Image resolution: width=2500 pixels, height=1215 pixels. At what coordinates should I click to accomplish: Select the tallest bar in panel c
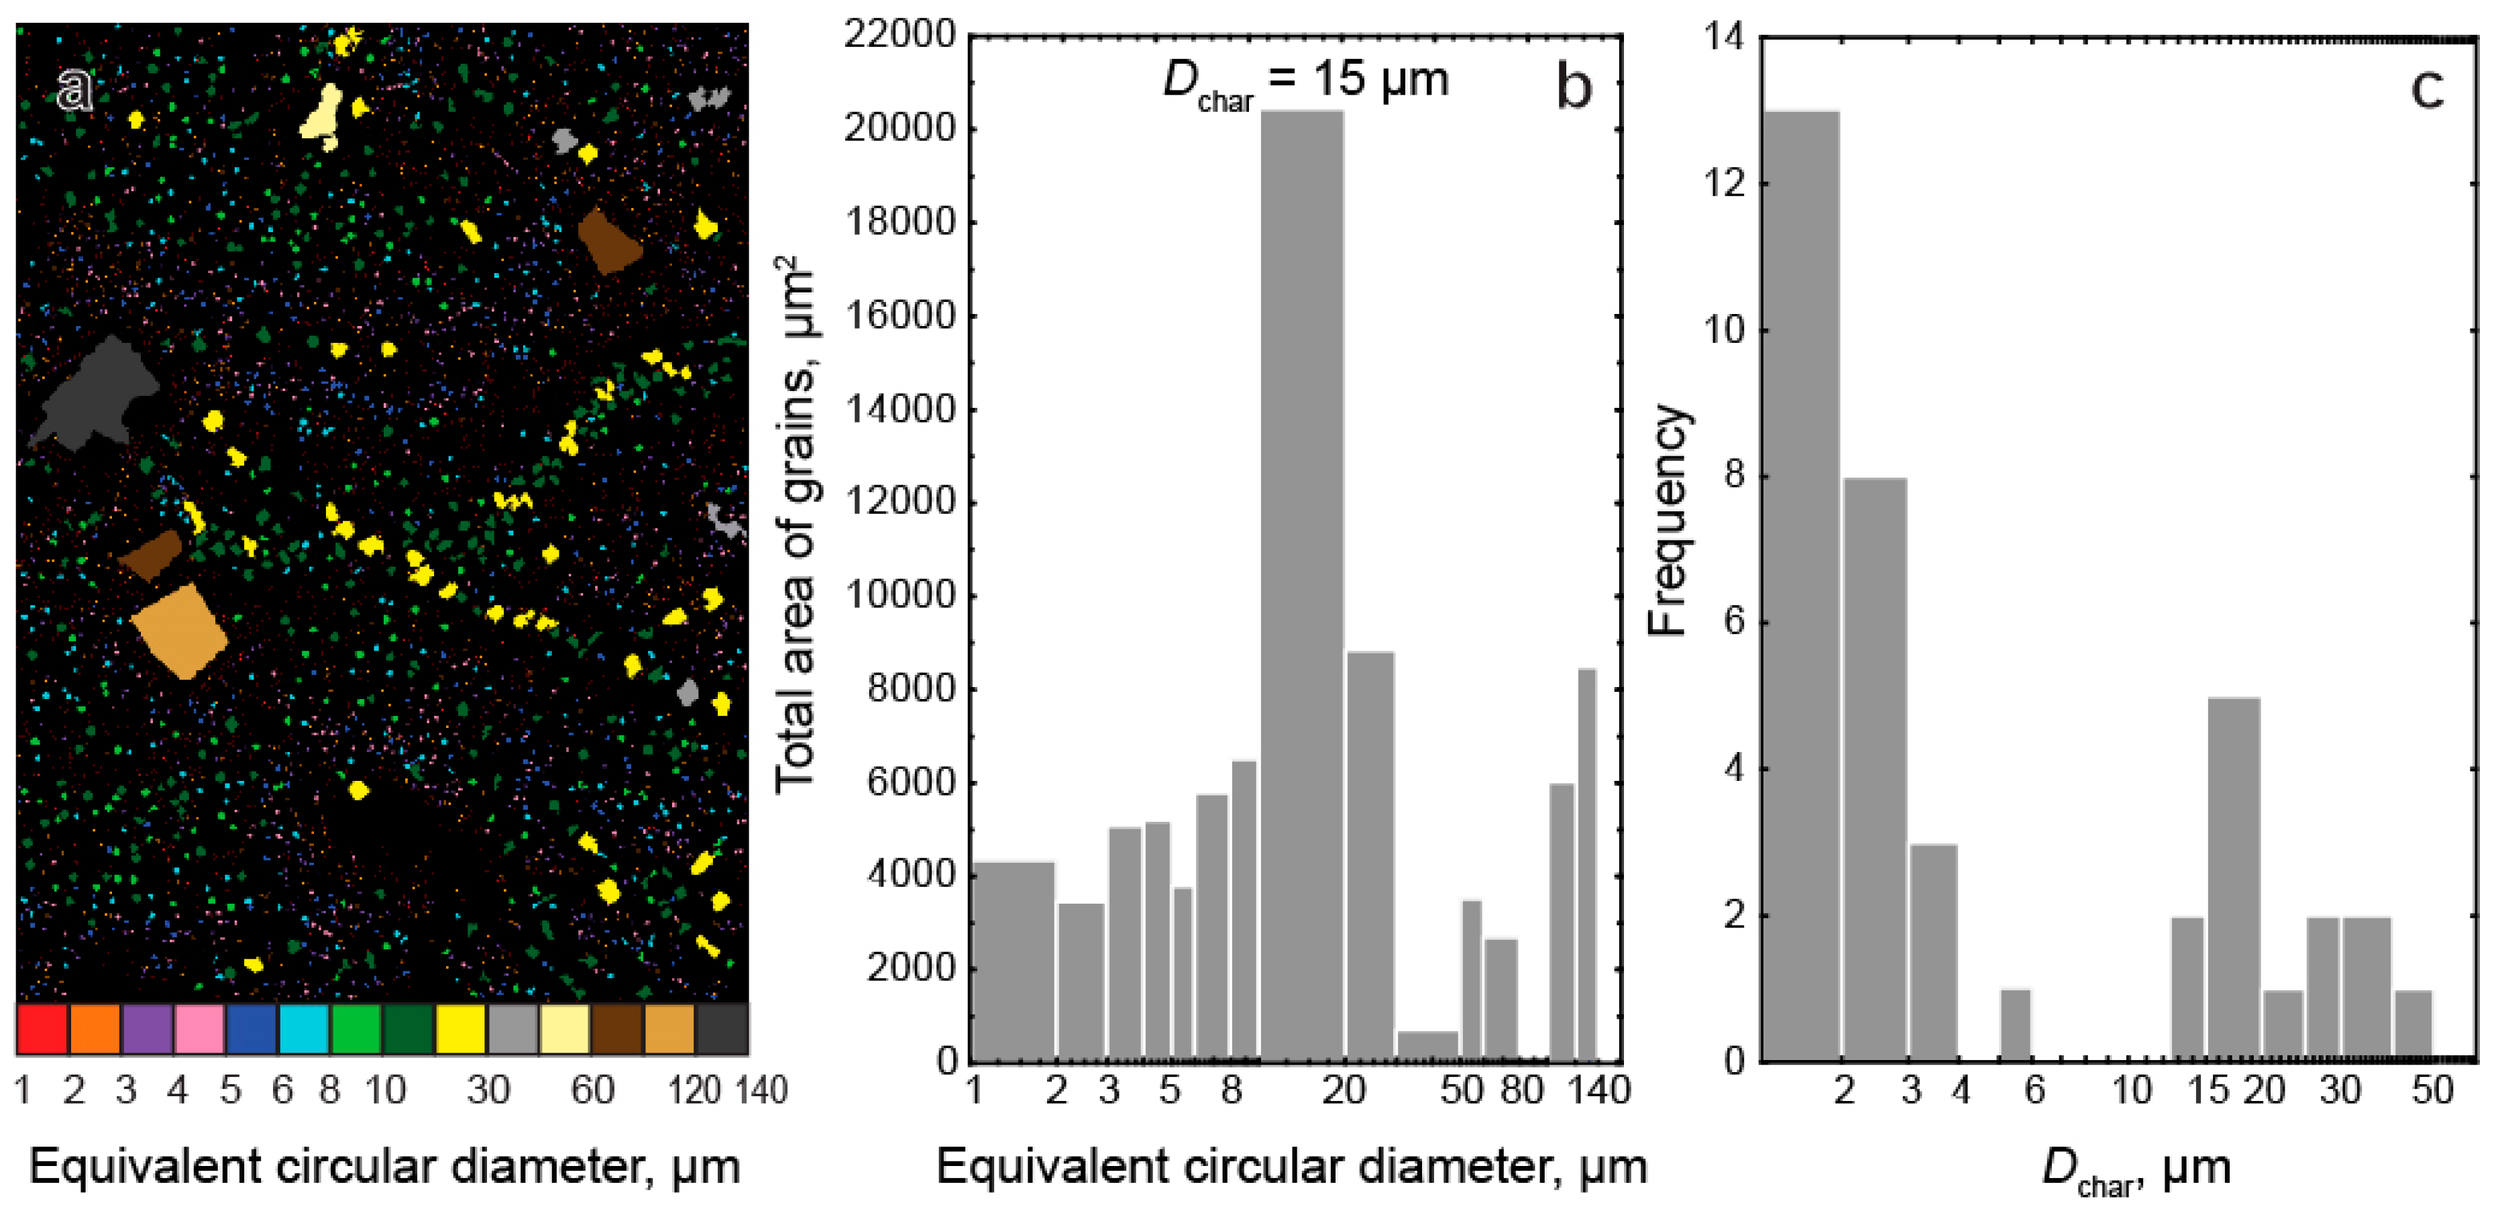(1800, 582)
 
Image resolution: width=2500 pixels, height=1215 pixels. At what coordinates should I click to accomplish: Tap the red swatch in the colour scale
(42, 1028)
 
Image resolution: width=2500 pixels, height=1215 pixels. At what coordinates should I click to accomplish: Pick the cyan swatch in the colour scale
(304, 1028)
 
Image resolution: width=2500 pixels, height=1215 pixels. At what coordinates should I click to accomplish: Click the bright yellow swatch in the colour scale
(461, 1028)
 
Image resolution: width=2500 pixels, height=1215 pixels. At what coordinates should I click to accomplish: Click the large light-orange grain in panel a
(180, 631)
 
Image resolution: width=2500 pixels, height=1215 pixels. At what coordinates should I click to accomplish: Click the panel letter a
(74, 91)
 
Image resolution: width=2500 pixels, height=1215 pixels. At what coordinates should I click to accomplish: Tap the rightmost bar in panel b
(1587, 863)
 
